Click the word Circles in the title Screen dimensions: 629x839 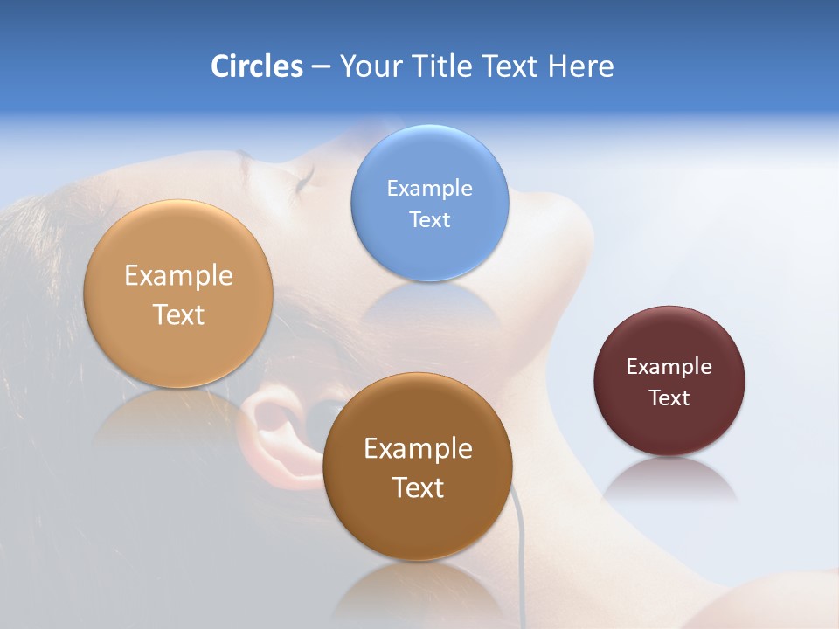(x=256, y=66)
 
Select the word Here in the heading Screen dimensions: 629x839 (x=580, y=66)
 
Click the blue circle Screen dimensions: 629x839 (x=429, y=253)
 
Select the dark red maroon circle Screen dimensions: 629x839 (x=669, y=428)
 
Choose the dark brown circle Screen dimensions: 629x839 (x=417, y=524)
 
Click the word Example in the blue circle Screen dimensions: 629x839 (x=429, y=188)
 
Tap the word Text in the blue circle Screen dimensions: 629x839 (x=429, y=219)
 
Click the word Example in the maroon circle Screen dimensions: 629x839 (x=669, y=366)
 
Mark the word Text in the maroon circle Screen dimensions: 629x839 (x=669, y=397)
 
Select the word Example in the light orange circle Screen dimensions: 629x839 (x=178, y=275)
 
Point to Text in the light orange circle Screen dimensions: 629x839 (x=178, y=314)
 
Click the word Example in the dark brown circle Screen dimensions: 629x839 (x=417, y=448)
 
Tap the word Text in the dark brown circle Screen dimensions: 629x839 (x=417, y=487)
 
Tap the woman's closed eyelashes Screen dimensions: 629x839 (x=303, y=179)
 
